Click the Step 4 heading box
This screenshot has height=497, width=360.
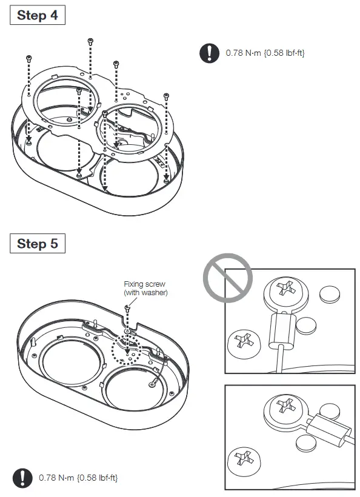click(38, 16)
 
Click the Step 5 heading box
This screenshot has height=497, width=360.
click(38, 244)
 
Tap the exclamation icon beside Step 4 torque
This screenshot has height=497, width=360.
click(209, 53)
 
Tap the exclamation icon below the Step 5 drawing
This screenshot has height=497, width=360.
click(22, 478)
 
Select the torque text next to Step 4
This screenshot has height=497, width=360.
click(265, 53)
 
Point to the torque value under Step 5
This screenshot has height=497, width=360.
click(78, 478)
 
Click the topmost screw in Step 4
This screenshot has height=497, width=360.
click(90, 41)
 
